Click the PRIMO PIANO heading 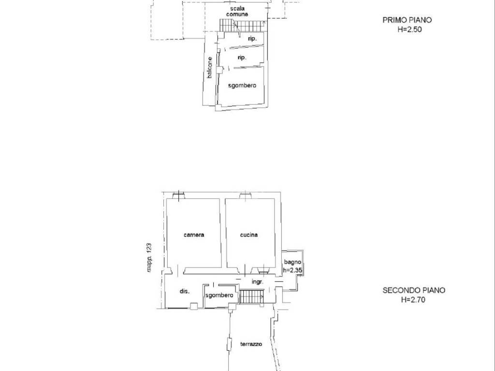(x=407, y=20)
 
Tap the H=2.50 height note (x=409, y=29)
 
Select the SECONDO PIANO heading (x=414, y=290)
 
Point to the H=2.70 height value (x=413, y=300)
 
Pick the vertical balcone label (x=210, y=68)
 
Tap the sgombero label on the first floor (x=242, y=85)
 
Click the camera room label (x=194, y=235)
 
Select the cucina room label (x=249, y=235)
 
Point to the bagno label (x=292, y=262)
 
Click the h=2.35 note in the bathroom (x=292, y=270)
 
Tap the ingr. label (x=257, y=282)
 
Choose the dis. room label (x=185, y=291)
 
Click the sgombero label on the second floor (x=219, y=295)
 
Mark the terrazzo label (x=251, y=344)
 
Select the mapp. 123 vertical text (x=149, y=257)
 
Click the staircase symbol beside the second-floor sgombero (x=251, y=297)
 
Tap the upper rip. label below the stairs (x=252, y=39)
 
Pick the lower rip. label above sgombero (x=242, y=58)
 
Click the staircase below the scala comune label (x=242, y=25)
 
